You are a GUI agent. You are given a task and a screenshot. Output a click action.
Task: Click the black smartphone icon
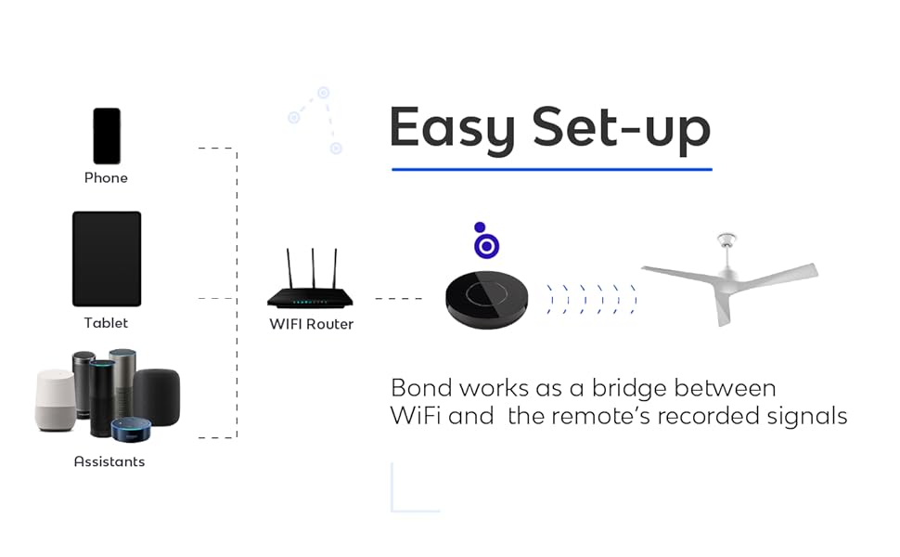pos(107,136)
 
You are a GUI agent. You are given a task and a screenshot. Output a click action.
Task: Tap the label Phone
pos(106,177)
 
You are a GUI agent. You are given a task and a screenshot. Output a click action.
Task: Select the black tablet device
pos(107,259)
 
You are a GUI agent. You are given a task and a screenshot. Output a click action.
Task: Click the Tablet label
pos(106,323)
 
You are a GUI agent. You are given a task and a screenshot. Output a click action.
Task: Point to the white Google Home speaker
pos(55,400)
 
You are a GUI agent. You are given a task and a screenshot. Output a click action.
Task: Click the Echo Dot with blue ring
pos(131,429)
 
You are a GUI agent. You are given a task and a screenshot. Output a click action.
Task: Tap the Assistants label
pos(109,461)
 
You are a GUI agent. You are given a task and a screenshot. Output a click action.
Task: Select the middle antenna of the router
pos(312,269)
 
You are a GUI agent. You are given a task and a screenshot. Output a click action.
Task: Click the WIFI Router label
pos(312,325)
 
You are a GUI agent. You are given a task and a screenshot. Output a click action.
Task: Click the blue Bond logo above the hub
pos(485,243)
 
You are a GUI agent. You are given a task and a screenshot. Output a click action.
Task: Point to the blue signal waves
pos(591,300)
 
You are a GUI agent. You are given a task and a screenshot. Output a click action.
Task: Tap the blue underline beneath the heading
pos(551,169)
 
